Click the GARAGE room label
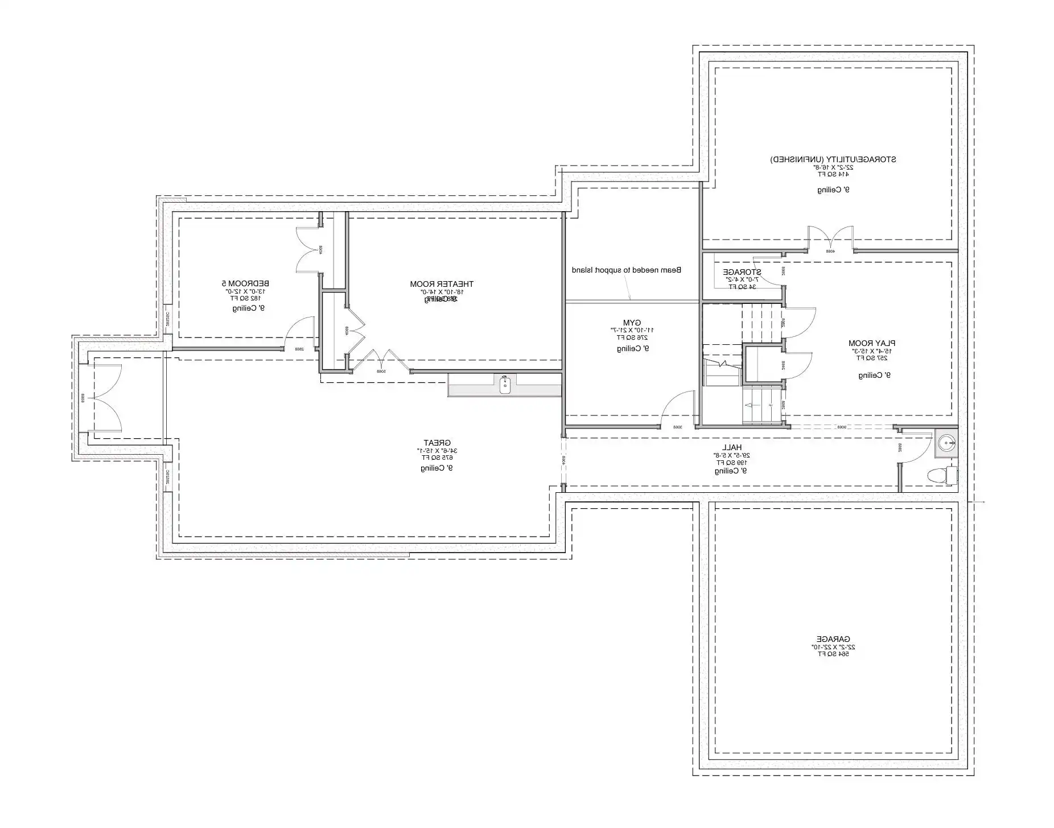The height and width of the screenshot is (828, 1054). tap(833, 639)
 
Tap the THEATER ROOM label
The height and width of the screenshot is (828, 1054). tap(442, 284)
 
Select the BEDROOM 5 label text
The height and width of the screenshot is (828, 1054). tap(245, 283)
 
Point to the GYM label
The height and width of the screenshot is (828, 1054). tap(632, 322)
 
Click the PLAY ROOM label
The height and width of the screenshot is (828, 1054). tap(871, 343)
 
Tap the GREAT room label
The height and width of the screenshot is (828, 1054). tap(437, 443)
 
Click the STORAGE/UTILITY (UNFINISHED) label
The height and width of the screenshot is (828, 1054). tap(833, 159)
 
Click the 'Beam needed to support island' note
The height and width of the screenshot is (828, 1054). tap(626, 270)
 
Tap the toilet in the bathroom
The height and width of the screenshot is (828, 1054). tap(941, 475)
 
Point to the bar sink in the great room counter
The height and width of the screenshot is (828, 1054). tap(504, 385)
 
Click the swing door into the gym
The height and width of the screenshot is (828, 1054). tap(677, 410)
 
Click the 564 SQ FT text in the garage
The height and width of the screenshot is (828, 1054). tap(833, 654)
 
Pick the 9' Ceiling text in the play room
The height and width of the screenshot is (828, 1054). tap(874, 376)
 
